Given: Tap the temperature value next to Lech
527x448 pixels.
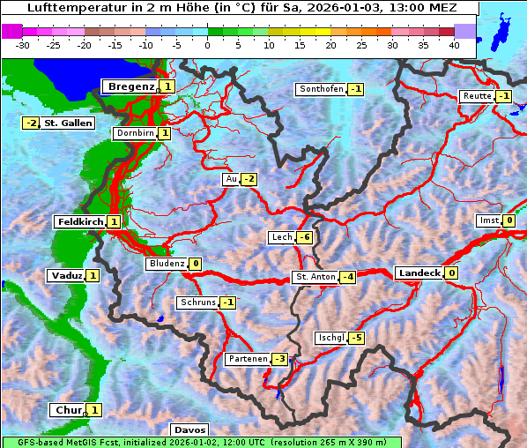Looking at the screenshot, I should click(x=305, y=237).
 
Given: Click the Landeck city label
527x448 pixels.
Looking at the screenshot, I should click(x=419, y=273).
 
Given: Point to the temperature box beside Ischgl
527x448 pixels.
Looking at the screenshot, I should click(x=357, y=338).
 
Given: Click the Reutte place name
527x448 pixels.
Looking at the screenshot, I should click(x=477, y=96).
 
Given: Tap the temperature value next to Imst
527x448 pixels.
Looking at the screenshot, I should click(x=509, y=220).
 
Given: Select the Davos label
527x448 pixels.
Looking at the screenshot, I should click(x=189, y=429).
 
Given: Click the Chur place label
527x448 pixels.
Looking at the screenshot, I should click(x=68, y=410).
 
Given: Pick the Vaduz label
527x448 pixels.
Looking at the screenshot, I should click(x=67, y=275).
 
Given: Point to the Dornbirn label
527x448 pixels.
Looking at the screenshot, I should click(x=135, y=133).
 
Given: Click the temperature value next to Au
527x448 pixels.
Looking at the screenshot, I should click(x=249, y=179).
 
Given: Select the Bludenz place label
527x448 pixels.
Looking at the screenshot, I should click(x=167, y=264).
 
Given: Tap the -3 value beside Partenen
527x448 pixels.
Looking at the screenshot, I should click(x=279, y=359).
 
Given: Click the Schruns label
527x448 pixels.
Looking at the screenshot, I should click(x=197, y=302).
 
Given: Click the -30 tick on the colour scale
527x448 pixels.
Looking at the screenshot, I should click(x=23, y=44).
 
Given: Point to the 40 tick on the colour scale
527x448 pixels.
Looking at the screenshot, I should click(x=454, y=44).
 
